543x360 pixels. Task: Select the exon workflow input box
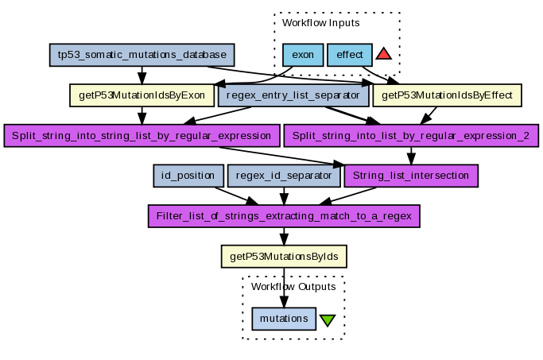point(302,56)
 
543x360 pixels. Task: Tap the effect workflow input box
point(350,56)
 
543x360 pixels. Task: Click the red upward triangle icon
point(383,54)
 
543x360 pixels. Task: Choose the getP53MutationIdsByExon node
point(142,95)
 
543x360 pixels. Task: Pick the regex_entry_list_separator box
point(293,95)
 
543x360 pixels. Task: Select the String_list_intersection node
point(410,175)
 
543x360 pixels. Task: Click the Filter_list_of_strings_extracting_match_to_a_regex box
point(283,215)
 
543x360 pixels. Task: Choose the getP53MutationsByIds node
point(283,256)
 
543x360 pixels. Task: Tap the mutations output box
point(284,318)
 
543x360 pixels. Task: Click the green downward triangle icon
point(328,320)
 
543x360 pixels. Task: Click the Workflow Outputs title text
point(293,286)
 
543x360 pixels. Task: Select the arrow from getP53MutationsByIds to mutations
point(284,286)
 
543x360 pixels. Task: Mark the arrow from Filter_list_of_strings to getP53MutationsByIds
point(283,235)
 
